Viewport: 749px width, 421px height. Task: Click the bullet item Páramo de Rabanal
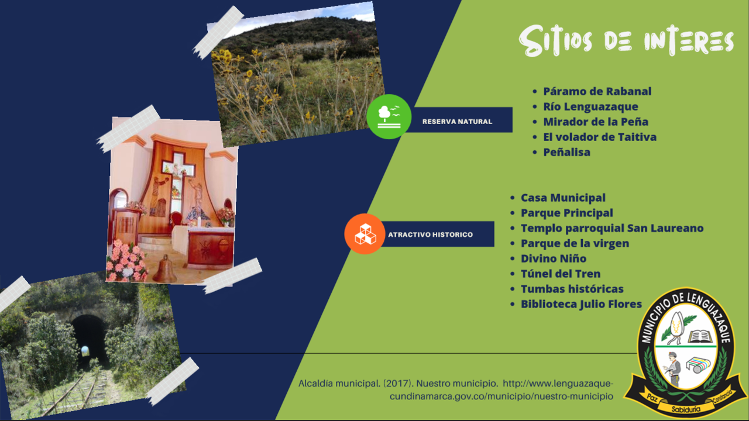(597, 91)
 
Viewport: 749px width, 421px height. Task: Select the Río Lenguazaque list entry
(590, 106)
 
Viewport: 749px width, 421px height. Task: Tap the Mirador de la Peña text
(596, 122)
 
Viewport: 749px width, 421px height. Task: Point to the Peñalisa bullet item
(566, 152)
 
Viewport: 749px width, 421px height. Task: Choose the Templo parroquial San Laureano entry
(612, 228)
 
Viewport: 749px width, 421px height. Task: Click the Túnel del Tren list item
(561, 274)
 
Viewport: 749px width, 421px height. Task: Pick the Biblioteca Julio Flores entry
(581, 304)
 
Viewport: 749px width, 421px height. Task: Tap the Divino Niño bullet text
(554, 258)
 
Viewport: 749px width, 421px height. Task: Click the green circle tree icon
(389, 116)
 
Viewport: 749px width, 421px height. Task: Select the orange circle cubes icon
(365, 234)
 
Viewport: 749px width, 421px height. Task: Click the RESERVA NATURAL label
(457, 122)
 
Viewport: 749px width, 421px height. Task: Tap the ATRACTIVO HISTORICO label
(430, 234)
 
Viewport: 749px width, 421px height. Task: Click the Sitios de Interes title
(626, 41)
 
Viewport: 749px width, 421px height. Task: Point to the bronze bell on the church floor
(165, 270)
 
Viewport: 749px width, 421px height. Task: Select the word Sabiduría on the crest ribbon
(686, 409)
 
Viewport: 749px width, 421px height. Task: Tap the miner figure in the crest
(673, 369)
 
